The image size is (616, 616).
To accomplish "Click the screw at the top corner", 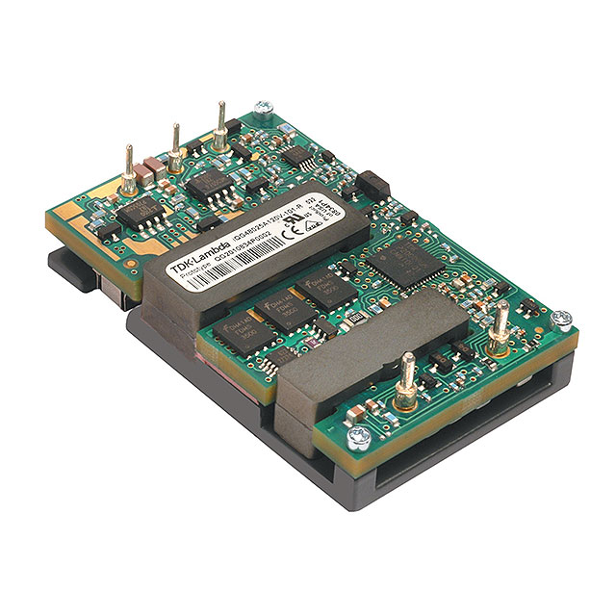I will click(261, 113).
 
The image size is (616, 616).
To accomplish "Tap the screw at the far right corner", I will click(564, 319).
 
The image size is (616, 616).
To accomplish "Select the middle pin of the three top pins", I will click(175, 144).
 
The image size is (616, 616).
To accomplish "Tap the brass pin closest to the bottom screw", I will click(408, 374).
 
